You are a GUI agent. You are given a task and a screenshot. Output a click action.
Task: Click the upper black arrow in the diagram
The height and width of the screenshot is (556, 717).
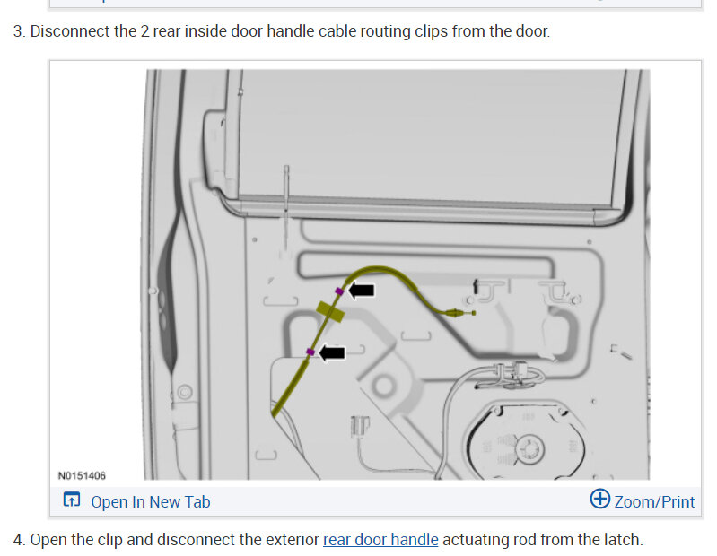pos(362,290)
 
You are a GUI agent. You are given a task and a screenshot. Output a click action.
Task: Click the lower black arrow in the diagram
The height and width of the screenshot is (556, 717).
pos(331,353)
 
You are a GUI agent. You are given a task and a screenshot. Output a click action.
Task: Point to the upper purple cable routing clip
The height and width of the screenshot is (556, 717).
pos(339,291)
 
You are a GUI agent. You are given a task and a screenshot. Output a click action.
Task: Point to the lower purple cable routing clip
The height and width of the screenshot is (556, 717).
pos(310,352)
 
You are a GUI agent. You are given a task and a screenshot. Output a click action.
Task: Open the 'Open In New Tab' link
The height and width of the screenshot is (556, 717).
pos(150,501)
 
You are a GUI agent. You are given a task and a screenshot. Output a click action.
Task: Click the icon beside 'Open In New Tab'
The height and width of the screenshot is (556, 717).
pos(72,501)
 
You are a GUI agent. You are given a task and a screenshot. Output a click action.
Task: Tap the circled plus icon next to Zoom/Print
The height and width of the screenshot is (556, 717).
pos(599,500)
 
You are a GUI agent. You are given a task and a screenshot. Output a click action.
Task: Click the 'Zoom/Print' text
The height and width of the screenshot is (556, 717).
pos(654,501)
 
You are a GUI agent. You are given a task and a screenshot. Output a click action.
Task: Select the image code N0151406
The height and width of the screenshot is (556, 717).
pos(82,475)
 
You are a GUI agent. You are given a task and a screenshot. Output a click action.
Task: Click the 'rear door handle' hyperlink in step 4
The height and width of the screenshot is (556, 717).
pos(380,540)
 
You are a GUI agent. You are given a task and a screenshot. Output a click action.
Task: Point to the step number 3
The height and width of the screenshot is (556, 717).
pos(18,31)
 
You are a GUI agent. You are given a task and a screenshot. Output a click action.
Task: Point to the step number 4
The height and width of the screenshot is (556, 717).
pos(18,540)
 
